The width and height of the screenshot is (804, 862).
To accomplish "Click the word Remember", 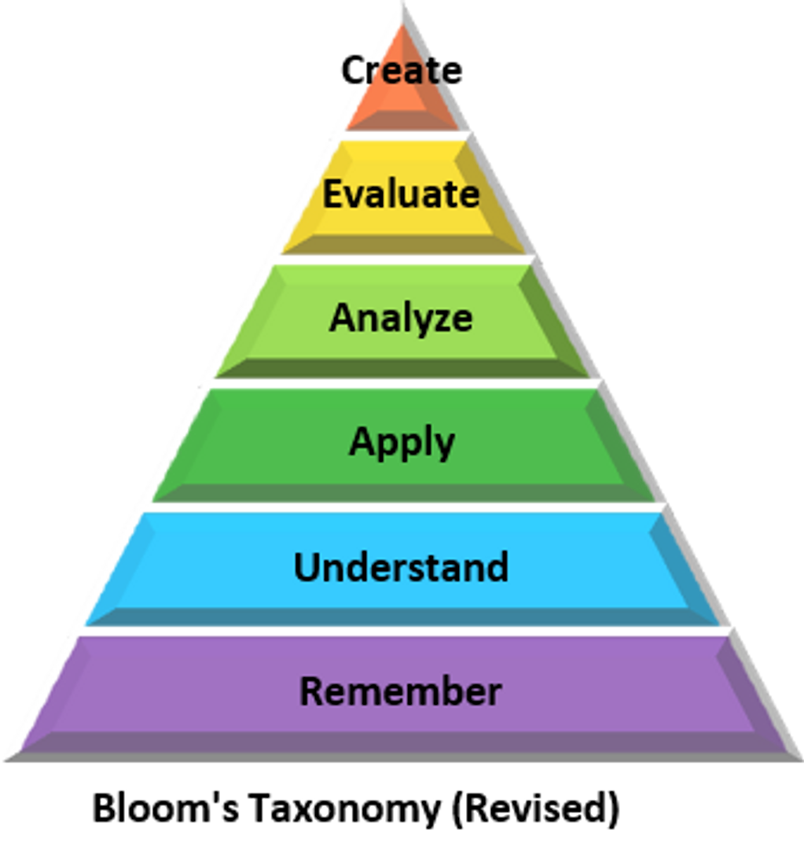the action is coord(401,691).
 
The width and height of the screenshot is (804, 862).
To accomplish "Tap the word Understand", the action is coord(401,567).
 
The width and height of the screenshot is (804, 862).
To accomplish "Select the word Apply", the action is coord(402,442).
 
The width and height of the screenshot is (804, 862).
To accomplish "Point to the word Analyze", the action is coord(401,318).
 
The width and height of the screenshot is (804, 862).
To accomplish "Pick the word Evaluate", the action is coord(401,193).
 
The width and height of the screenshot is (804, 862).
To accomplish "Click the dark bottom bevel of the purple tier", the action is coord(401,742).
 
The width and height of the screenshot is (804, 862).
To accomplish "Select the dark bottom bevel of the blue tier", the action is coord(401,617).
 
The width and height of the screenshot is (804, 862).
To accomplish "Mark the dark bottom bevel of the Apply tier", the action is coord(401,492).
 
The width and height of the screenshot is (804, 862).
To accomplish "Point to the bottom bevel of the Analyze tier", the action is coord(401,368).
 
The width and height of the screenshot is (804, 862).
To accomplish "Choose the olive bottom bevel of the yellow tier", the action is coord(401,244).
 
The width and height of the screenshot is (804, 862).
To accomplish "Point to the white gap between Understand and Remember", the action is coord(401,632).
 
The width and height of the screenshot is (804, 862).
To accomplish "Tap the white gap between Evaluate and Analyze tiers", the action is coord(401,259).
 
